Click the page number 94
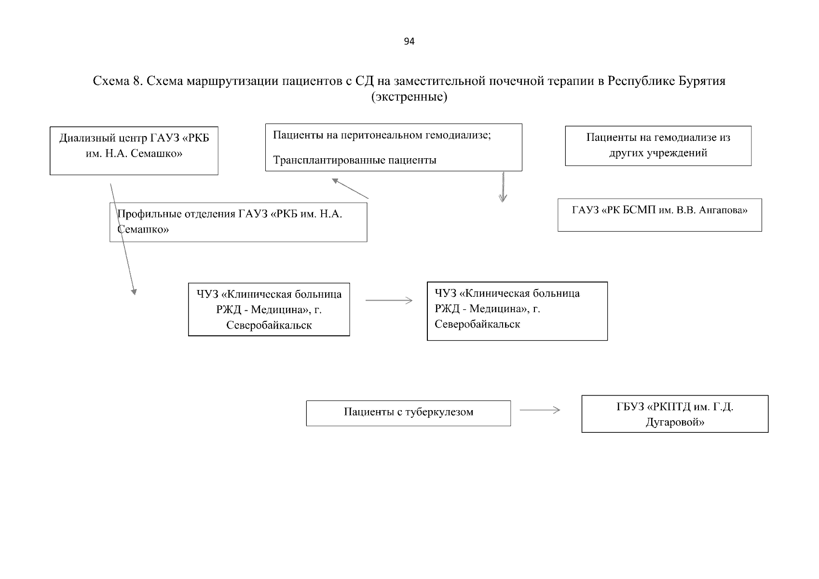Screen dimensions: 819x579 [409, 41]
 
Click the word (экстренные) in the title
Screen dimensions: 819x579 [409, 96]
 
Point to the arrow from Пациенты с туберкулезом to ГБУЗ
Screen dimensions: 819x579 [540, 410]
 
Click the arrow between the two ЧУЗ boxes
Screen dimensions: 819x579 [389, 300]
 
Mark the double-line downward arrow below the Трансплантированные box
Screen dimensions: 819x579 [503, 187]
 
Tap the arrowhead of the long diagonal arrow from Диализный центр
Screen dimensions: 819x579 [134, 291]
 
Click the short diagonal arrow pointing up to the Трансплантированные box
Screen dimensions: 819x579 [350, 188]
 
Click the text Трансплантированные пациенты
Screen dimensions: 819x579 [355, 160]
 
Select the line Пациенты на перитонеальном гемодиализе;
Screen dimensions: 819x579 [382, 135]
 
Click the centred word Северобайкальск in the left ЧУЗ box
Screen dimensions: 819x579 [269, 325]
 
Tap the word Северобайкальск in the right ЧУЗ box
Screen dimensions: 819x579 [477, 324]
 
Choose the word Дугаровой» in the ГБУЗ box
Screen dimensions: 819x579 [675, 422]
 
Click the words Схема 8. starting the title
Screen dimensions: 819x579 [118, 81]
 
